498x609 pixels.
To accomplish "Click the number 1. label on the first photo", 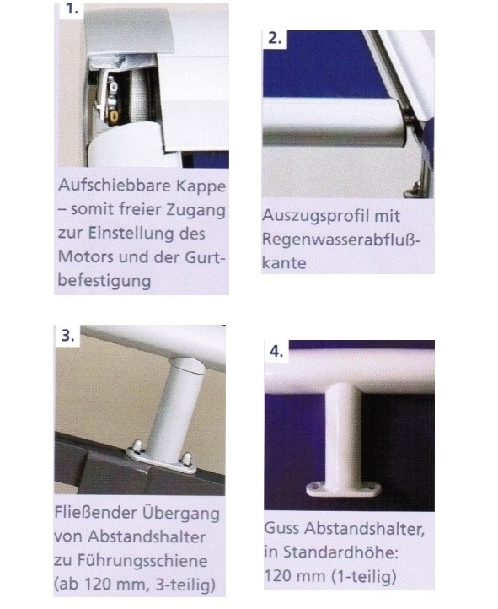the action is click(72, 8).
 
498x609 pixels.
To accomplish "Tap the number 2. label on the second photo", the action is click(275, 39).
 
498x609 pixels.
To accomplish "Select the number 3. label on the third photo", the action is click(68, 335).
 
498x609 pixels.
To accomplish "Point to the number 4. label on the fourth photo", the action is click(276, 351).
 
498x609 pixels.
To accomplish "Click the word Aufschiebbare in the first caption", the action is click(115, 186).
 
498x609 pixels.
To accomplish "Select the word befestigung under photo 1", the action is click(104, 281).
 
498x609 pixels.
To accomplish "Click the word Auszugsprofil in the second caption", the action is click(315, 216).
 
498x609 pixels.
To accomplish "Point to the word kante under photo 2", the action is click(284, 263).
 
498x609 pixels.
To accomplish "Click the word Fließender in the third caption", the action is click(96, 513).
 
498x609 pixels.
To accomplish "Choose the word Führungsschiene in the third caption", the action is click(142, 561).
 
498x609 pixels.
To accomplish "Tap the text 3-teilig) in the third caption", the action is click(185, 585).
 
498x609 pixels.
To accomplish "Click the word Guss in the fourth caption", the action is click(281, 529).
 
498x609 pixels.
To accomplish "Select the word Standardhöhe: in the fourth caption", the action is click(340, 552).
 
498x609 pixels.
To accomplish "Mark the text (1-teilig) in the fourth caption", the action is click(363, 576).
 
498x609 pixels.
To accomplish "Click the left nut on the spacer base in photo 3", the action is click(137, 445).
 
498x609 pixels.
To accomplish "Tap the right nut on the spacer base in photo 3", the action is click(187, 459).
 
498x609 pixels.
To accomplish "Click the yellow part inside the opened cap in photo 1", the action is click(114, 116).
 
